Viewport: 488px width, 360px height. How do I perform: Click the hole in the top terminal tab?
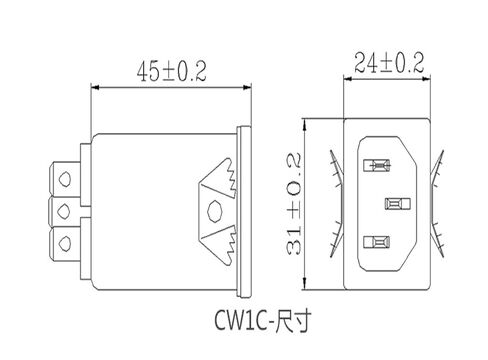[65, 179]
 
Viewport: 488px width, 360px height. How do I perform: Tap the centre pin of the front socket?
[394, 205]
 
